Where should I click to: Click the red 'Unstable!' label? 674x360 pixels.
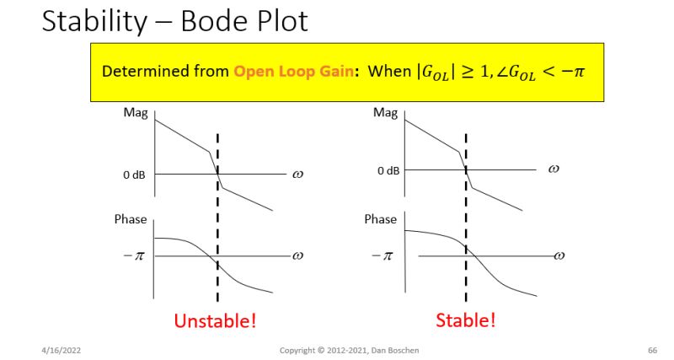[215, 320]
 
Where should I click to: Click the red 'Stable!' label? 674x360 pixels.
[466, 320]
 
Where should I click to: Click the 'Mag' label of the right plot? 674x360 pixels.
[385, 113]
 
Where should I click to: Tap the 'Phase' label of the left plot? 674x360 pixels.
[131, 219]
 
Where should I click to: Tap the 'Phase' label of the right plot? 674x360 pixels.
[380, 219]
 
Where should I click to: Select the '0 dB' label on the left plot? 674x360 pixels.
[133, 175]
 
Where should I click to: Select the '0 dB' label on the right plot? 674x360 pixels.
[388, 171]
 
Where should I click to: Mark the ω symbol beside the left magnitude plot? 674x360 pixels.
[297, 175]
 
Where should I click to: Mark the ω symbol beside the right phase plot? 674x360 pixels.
[557, 255]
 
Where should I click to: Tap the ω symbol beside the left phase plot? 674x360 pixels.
[297, 255]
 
